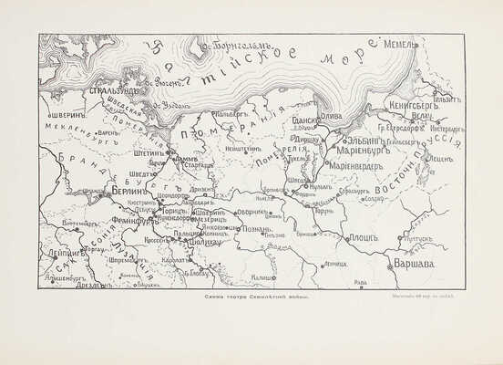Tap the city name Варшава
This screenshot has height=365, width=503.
coord(414,265)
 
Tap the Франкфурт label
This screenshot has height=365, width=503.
coord(132,220)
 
